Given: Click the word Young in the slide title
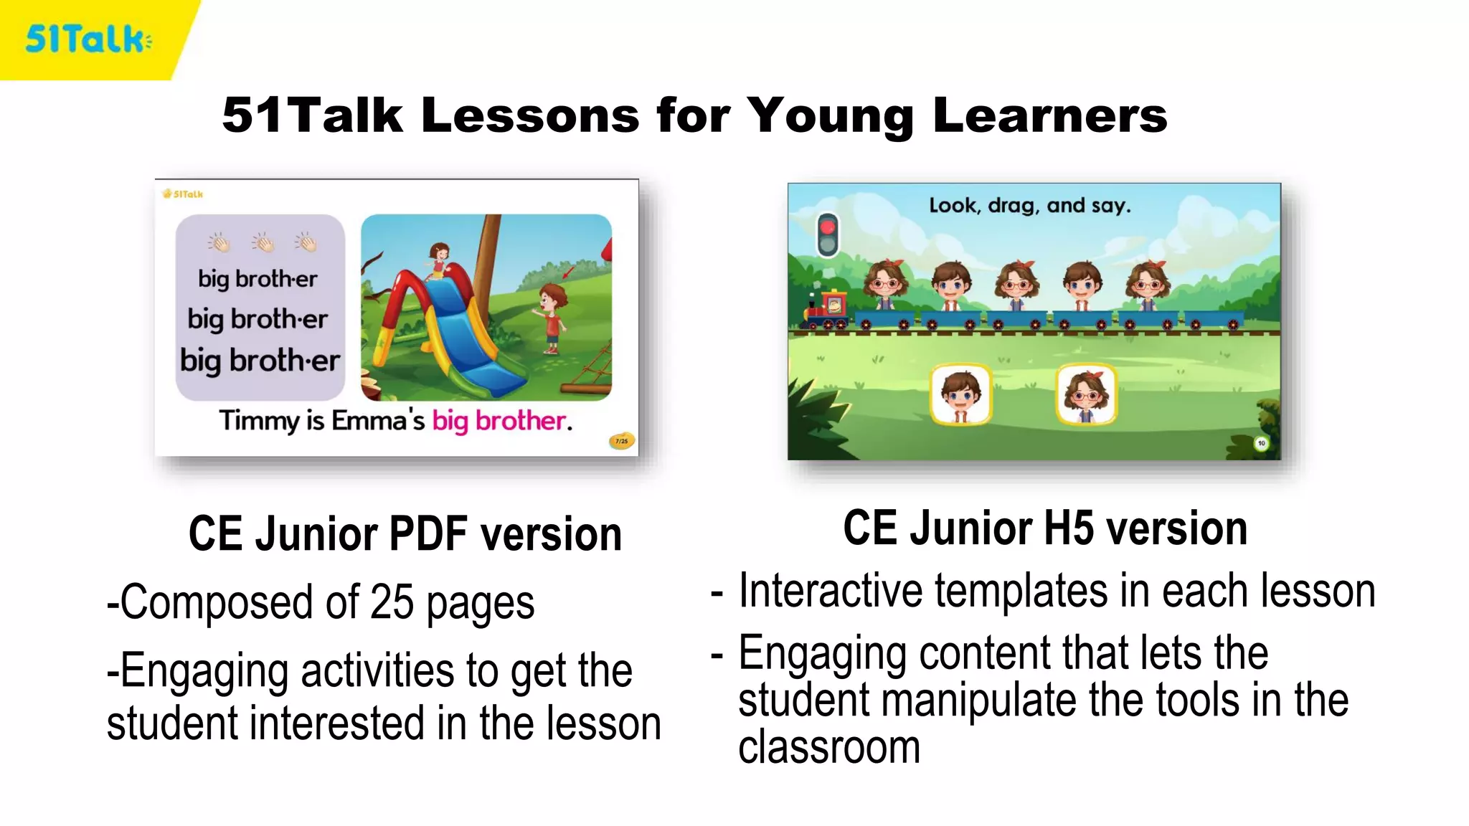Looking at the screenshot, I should point(830,116).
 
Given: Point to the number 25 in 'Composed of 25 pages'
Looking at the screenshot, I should point(392,602).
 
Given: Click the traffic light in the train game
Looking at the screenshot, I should point(828,234).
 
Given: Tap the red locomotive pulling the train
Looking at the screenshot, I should point(828,310).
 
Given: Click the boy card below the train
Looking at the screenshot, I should point(960,395).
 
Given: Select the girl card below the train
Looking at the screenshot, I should point(1086,395).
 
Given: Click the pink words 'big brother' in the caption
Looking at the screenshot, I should point(501,421).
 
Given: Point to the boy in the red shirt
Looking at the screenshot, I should point(550,315).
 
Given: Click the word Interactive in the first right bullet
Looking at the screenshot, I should point(831,592).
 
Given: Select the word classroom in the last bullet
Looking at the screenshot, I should point(829,747).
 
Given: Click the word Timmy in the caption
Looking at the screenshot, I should point(259,421).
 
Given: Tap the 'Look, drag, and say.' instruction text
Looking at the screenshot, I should point(1029,206).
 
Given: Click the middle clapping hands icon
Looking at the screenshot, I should point(263,243).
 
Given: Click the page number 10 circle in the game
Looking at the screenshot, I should point(1261,443).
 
